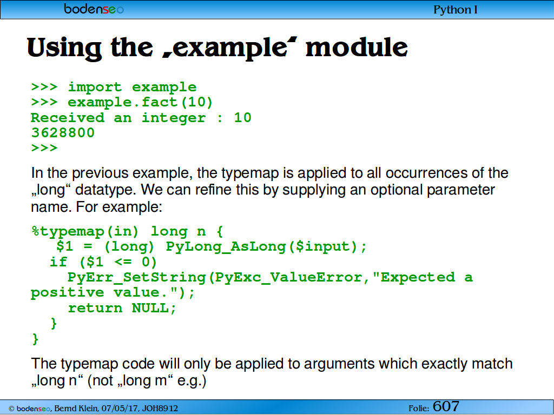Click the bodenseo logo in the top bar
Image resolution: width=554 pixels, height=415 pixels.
pyautogui.click(x=94, y=9)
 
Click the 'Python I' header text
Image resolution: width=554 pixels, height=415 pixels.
pyautogui.click(x=456, y=10)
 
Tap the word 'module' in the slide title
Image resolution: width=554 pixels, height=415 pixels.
pyautogui.click(x=357, y=48)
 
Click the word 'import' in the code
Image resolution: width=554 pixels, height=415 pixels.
pyautogui.click(x=95, y=87)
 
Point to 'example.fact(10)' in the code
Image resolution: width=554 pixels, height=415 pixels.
pyautogui.click(x=140, y=102)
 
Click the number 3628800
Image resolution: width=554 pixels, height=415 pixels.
pyautogui.click(x=63, y=133)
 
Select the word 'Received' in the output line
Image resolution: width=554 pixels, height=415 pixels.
pyautogui.click(x=68, y=117)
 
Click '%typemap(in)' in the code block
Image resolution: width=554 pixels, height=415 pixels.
pyautogui.click(x=85, y=232)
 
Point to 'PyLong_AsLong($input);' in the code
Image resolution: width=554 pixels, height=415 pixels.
pyautogui.click(x=266, y=246)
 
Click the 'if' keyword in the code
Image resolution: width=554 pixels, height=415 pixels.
pyautogui.click(x=58, y=262)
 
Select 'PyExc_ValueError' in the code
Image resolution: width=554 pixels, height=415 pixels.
pyautogui.click(x=289, y=277)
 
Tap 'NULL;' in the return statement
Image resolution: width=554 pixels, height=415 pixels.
pyautogui.click(x=154, y=308)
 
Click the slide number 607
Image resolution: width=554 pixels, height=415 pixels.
pyautogui.click(x=446, y=406)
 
